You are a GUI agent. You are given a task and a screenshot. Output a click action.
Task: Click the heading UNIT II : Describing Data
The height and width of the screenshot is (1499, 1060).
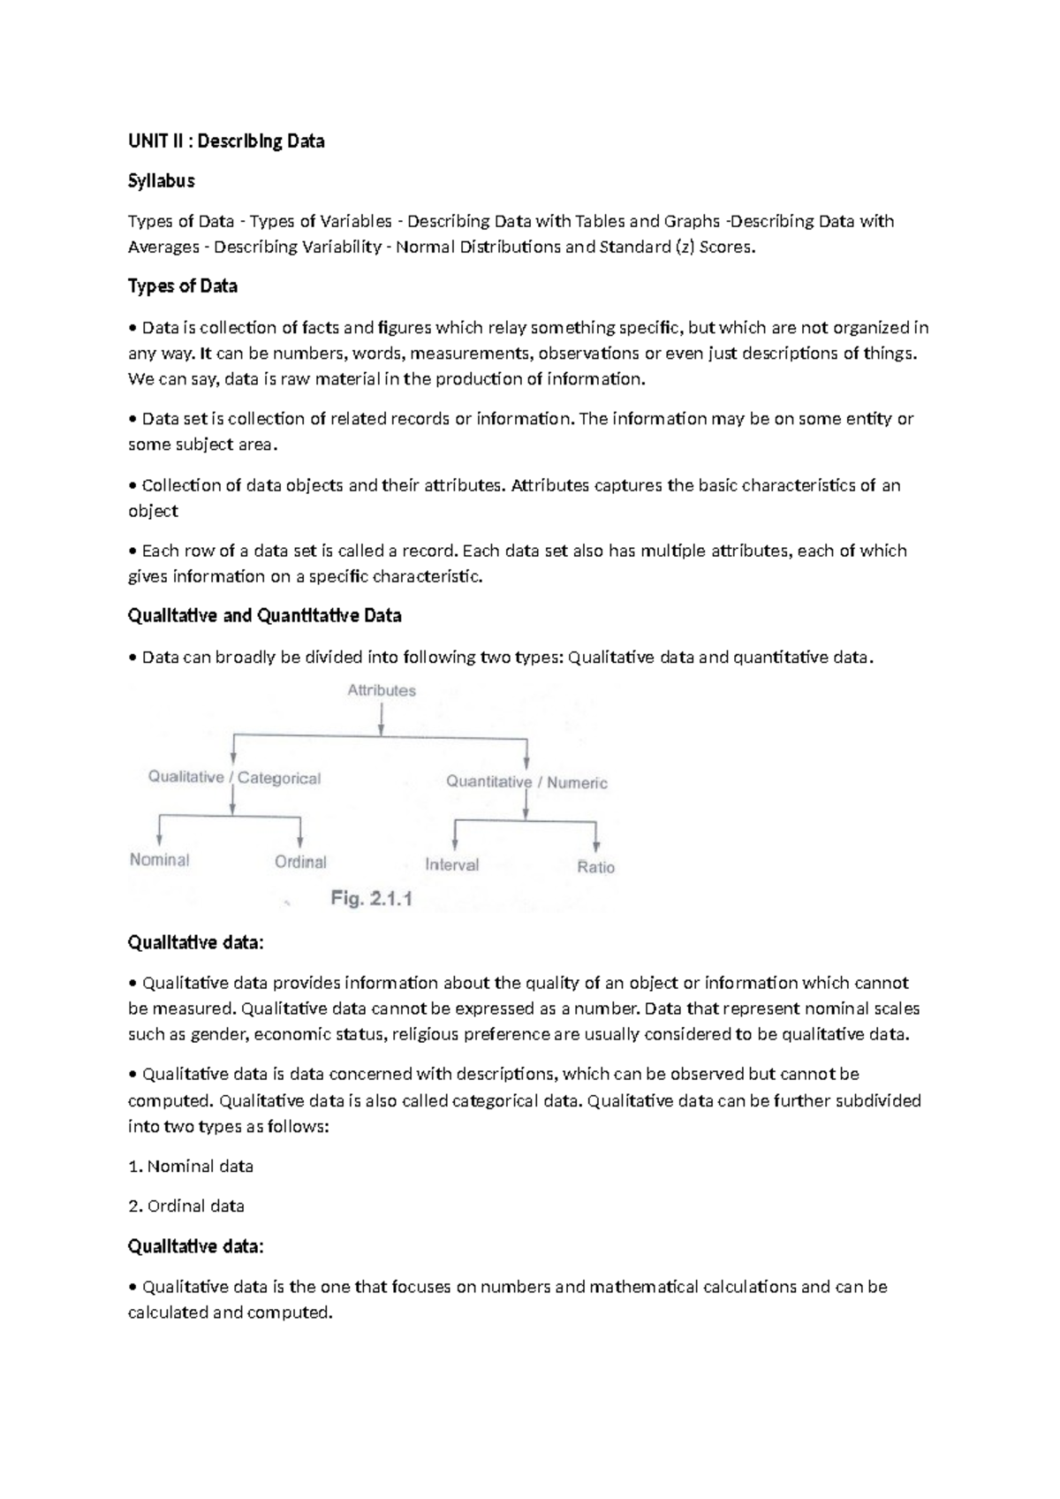(x=226, y=141)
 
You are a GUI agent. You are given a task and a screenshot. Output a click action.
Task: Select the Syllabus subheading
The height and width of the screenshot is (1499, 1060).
(x=161, y=181)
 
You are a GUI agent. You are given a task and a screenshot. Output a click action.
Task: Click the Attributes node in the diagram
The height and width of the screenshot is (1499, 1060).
(x=382, y=691)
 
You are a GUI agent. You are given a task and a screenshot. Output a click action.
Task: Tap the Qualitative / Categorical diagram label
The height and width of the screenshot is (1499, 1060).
(x=234, y=778)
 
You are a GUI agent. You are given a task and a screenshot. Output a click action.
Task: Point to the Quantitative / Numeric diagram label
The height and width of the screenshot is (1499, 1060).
(x=526, y=782)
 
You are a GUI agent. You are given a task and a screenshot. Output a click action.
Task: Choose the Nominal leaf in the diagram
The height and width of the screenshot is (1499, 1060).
(x=160, y=860)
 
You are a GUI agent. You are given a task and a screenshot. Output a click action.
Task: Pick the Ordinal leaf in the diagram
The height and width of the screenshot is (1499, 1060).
(x=300, y=862)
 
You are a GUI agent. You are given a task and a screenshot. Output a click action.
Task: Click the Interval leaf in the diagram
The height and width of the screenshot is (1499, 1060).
(x=451, y=865)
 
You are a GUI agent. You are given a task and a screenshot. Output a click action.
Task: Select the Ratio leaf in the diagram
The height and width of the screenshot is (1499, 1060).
(x=595, y=867)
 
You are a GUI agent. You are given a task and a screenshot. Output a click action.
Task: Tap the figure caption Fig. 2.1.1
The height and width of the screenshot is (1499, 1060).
(x=372, y=899)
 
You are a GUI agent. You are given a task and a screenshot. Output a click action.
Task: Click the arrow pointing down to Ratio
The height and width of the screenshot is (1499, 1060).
(x=596, y=838)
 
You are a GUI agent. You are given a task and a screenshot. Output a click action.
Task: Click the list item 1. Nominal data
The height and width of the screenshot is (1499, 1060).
(x=191, y=1167)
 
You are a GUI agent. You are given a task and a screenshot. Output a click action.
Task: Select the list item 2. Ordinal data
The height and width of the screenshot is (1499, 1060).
(x=186, y=1206)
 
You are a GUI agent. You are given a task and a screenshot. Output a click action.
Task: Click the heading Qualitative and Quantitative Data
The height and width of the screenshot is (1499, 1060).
(x=265, y=615)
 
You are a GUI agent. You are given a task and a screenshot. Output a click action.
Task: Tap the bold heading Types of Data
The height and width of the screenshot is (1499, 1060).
(x=183, y=286)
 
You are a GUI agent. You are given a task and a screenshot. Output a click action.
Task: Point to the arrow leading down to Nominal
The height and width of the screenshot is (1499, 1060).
(x=160, y=832)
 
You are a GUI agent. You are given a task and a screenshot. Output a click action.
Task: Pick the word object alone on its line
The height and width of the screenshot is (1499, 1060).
(x=153, y=511)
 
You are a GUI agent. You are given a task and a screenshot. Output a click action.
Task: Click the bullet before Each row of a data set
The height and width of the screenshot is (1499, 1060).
(x=132, y=552)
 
